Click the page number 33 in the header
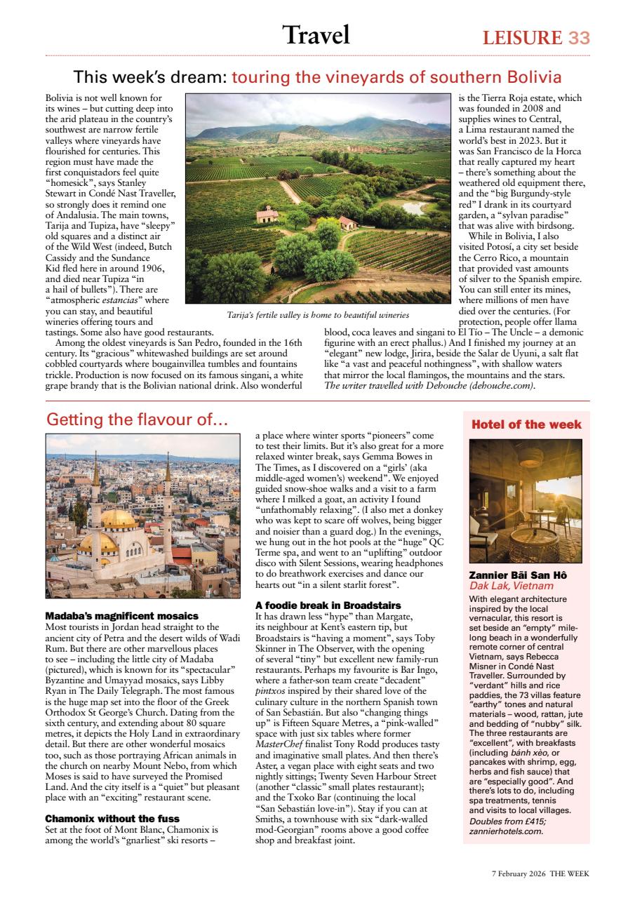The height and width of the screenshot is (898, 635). tap(579, 37)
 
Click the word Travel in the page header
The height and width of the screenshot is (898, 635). tap(316, 34)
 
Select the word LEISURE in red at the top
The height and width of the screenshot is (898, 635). tap(522, 38)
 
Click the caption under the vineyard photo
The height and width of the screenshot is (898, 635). tap(317, 316)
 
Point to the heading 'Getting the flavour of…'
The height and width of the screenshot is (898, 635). tap(137, 420)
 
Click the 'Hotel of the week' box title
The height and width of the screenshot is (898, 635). tap(526, 424)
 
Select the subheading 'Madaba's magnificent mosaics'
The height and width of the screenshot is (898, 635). tap(121, 615)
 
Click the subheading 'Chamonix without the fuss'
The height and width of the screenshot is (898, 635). tap(112, 818)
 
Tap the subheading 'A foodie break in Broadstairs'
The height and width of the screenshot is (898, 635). tap(328, 605)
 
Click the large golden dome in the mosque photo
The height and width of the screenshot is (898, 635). tap(119, 518)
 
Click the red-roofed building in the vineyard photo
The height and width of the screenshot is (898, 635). tap(267, 215)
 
